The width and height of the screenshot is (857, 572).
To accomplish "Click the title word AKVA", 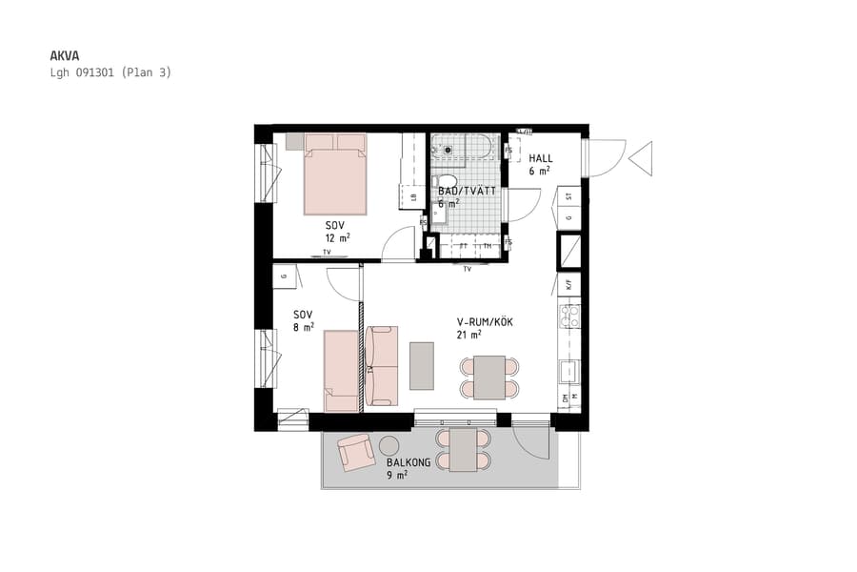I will pyautogui.click(x=64, y=55).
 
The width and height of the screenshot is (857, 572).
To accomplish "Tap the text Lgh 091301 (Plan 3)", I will pyautogui.click(x=110, y=71).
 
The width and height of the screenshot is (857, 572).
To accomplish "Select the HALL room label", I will pyautogui.click(x=541, y=158).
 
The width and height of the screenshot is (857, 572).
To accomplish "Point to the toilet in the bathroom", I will pyautogui.click(x=445, y=182).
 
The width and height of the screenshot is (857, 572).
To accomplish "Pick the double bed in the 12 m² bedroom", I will pyautogui.click(x=335, y=174).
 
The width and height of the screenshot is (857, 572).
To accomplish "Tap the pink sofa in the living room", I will pyautogui.click(x=381, y=365).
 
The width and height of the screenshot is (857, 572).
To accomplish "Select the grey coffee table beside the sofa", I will pyautogui.click(x=422, y=365).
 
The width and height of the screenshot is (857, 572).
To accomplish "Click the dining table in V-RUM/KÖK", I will pyautogui.click(x=489, y=378).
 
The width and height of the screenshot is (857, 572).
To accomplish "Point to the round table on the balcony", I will pyautogui.click(x=389, y=445).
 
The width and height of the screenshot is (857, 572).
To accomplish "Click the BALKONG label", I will pyautogui.click(x=409, y=462).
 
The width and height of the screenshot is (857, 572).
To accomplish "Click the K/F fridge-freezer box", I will pyautogui.click(x=568, y=284).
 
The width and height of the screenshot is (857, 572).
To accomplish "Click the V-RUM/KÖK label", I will pyautogui.click(x=485, y=322).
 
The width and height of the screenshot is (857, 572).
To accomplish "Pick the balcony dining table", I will pyautogui.click(x=464, y=450).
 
